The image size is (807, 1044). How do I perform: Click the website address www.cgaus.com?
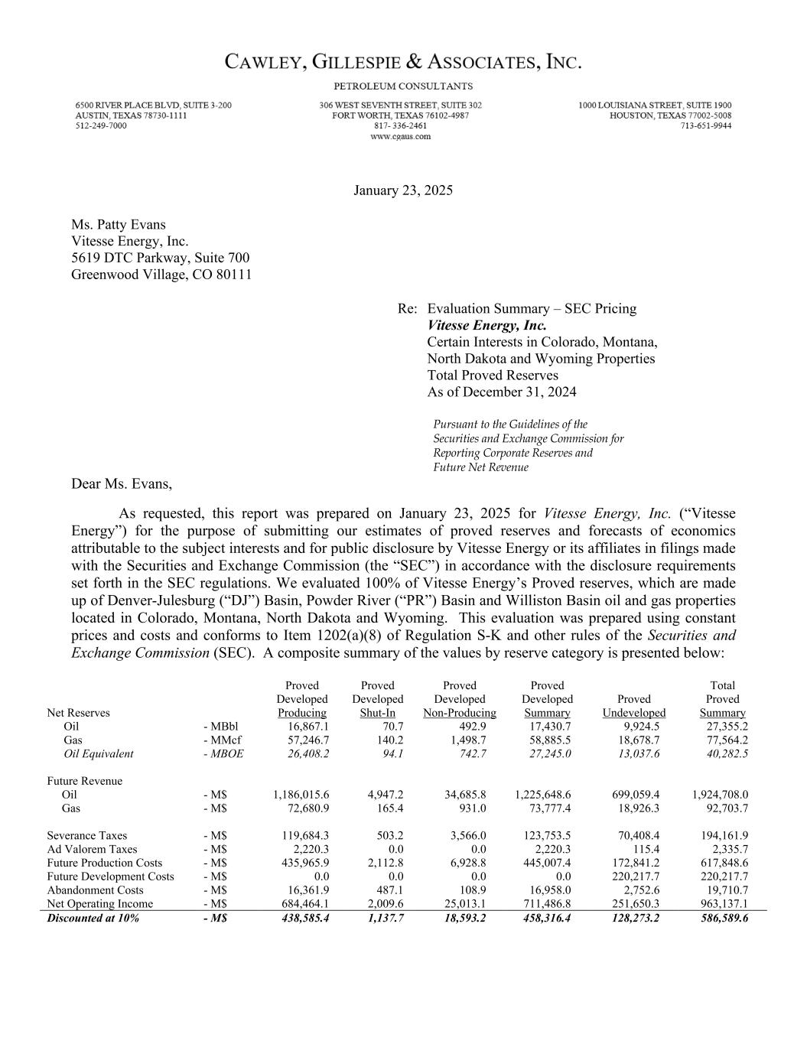point(400,137)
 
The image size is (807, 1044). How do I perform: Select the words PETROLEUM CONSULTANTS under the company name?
point(403,86)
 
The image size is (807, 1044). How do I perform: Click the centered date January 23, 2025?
point(403,190)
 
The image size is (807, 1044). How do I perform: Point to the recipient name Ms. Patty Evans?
point(118,225)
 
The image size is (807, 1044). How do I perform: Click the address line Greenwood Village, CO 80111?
point(161,275)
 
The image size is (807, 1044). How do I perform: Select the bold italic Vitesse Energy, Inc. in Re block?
point(486,326)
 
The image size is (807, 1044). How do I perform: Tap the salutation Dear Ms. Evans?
point(122,484)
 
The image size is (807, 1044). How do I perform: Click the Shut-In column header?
point(377,713)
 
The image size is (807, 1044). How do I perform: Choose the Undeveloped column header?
point(633,713)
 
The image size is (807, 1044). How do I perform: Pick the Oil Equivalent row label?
point(98,754)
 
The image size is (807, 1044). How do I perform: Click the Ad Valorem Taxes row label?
point(92,850)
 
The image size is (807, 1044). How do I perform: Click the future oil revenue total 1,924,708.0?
point(720,795)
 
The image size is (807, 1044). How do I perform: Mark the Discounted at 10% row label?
point(93,919)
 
